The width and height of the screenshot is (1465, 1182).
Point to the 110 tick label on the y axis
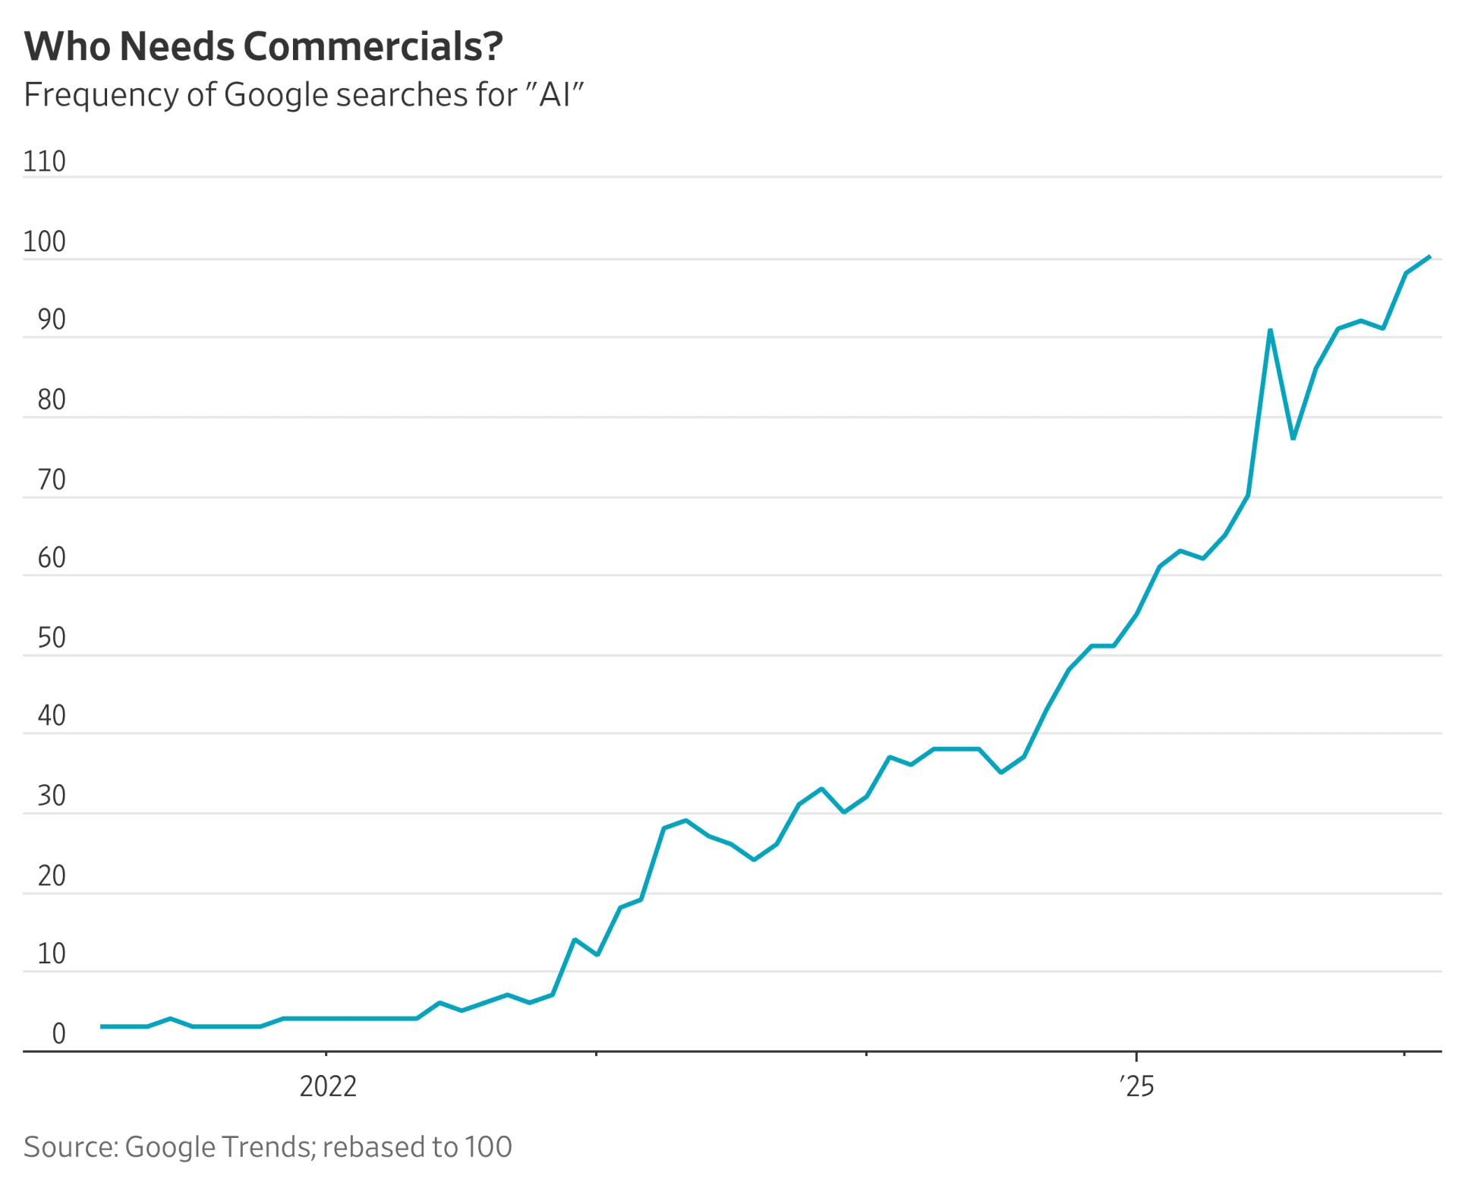pos(44,162)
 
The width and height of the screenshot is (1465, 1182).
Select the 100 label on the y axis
pos(44,242)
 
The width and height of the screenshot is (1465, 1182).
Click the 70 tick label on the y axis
pos(51,480)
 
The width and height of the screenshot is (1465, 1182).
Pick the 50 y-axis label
pos(51,638)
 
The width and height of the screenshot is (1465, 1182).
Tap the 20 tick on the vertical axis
pos(51,876)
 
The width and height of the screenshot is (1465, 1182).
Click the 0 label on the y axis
pos(58,1033)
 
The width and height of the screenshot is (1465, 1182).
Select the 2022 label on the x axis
pos(328,1086)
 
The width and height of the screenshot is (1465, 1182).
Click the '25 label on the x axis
pos(1136,1086)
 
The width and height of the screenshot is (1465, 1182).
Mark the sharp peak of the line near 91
pos(1270,330)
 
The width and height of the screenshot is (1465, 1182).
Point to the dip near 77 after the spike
pos(1293,438)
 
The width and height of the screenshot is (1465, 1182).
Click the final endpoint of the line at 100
pos(1429,257)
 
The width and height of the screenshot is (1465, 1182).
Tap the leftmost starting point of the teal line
pos(102,1026)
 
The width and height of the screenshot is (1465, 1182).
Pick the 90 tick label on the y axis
pos(51,320)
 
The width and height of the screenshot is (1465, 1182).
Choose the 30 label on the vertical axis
pos(51,796)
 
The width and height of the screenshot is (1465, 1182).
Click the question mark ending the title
pos(492,47)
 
